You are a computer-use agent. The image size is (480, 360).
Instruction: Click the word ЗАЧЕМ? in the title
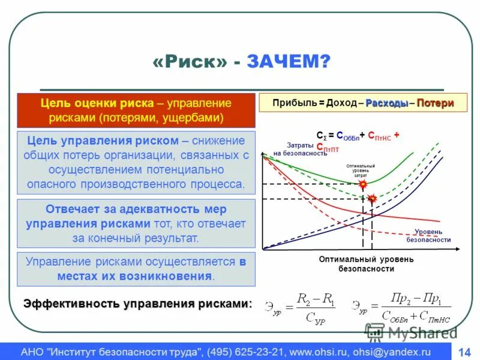click(x=287, y=61)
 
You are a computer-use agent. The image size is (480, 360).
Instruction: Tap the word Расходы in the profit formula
click(x=387, y=103)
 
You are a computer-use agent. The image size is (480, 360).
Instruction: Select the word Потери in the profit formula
click(x=435, y=103)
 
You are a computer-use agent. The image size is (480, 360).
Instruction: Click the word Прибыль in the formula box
click(x=290, y=103)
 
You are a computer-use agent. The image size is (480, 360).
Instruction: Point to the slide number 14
click(x=464, y=352)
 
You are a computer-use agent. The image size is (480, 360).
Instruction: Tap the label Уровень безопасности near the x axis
click(x=428, y=235)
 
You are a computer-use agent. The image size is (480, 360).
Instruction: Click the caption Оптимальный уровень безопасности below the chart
click(x=366, y=264)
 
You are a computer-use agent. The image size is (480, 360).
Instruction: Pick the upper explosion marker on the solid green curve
click(x=362, y=185)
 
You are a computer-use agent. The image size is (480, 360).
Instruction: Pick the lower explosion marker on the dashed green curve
click(x=373, y=198)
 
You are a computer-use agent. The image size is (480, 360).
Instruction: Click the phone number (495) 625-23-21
click(x=247, y=352)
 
